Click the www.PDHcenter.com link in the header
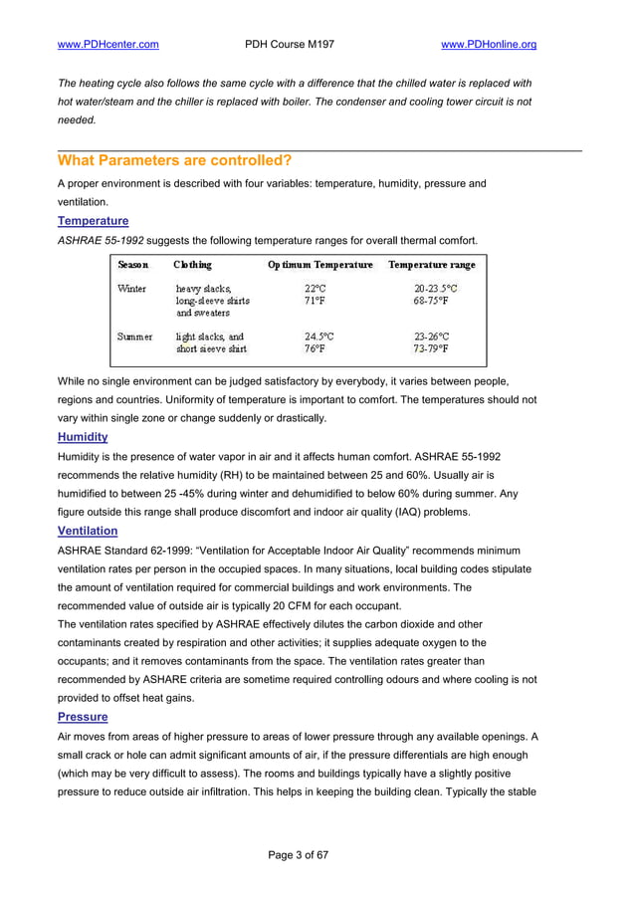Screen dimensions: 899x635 tap(108, 45)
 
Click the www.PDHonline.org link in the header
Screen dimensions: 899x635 tap(488, 45)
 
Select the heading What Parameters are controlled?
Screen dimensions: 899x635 tap(174, 160)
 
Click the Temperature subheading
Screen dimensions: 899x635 tap(93, 220)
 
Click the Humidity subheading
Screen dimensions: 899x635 tap(83, 436)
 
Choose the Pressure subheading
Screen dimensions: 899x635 tap(83, 716)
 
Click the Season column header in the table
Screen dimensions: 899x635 tap(133, 265)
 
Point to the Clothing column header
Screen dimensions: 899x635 tap(192, 265)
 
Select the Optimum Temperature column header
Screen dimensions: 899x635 tap(319, 265)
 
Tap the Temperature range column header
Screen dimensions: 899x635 tap(431, 265)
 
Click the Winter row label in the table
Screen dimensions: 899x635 tap(132, 289)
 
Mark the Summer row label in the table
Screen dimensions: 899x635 tap(135, 337)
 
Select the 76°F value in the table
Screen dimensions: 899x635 tap(315, 349)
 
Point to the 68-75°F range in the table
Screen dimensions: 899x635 tap(431, 301)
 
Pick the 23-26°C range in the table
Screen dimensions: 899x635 tap(431, 337)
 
